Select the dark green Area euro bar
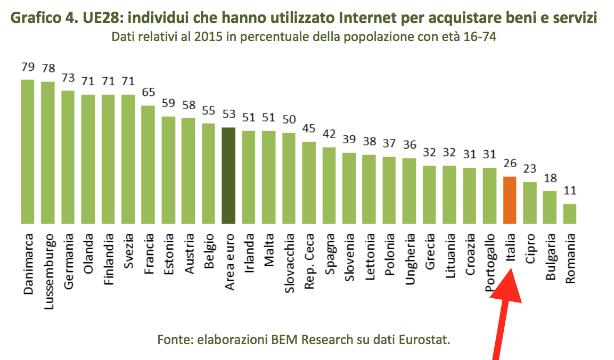(x=228, y=175)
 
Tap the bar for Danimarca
(x=28, y=151)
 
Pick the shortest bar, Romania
(x=570, y=214)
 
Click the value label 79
(x=28, y=68)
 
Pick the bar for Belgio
(x=208, y=173)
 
